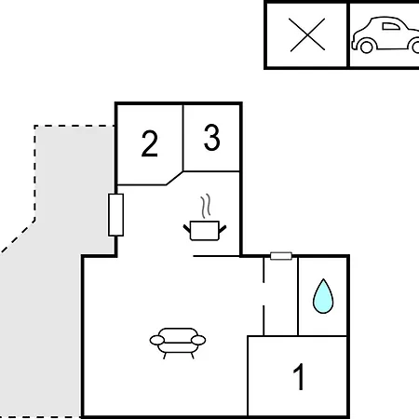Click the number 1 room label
tap(299, 376)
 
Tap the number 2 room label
tap(150, 143)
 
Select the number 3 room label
tap(212, 137)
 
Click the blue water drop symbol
tap(323, 296)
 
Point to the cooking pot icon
tap(205, 230)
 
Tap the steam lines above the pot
tap(206, 206)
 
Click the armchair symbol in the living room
tap(178, 343)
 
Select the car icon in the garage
tap(385, 34)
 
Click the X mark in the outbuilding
tap(307, 34)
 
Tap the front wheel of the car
tap(366, 47)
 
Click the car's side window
tap(391, 26)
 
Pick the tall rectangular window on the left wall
tap(115, 215)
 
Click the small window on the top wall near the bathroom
tap(281, 256)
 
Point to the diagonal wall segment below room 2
tap(174, 178)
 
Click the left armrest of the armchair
tap(157, 340)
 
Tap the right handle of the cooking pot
tap(223, 229)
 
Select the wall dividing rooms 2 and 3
tap(183, 138)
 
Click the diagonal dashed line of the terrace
tap(18, 237)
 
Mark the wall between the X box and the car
tap(348, 34)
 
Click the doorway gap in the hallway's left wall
tap(264, 294)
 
